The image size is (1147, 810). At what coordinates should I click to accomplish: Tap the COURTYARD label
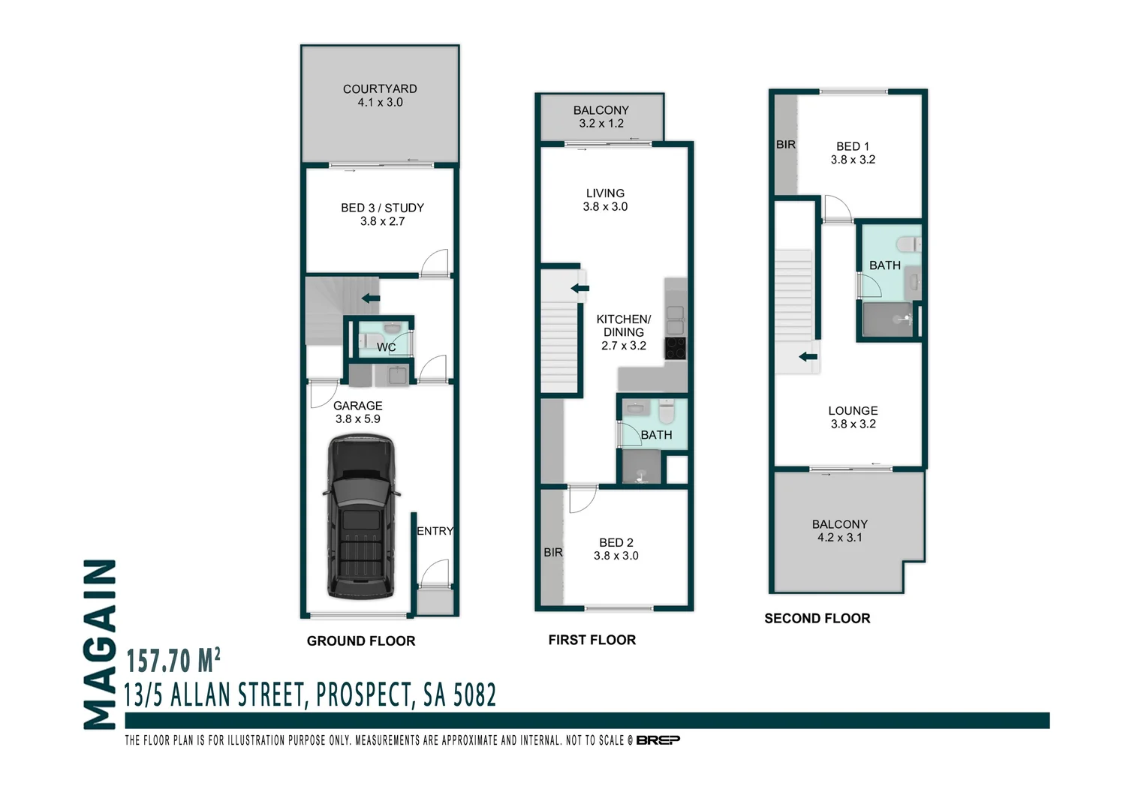(380, 89)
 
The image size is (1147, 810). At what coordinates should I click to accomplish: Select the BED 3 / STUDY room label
(382, 208)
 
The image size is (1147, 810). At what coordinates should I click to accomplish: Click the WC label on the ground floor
(386, 347)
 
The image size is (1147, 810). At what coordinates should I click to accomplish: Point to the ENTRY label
(435, 531)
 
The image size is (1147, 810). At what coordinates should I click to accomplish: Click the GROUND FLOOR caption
(361, 641)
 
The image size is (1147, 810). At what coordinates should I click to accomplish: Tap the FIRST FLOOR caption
(592, 640)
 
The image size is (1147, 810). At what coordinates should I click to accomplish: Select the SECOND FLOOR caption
(817, 619)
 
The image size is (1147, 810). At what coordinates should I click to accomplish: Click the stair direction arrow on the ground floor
(370, 298)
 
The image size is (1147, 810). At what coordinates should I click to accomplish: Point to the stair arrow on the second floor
(808, 357)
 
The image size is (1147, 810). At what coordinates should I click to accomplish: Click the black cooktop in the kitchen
(675, 348)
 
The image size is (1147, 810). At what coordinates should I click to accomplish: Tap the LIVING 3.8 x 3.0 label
(605, 199)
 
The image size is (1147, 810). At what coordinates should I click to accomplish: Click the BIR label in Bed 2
(553, 553)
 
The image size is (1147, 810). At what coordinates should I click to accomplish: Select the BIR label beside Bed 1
(785, 145)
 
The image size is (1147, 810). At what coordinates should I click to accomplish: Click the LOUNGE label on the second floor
(853, 411)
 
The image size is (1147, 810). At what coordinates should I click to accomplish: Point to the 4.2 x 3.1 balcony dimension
(839, 538)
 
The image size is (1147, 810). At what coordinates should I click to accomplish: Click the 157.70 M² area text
(173, 661)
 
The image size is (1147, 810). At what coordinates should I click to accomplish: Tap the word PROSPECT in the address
(363, 695)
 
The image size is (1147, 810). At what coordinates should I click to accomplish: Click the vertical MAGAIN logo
(101, 644)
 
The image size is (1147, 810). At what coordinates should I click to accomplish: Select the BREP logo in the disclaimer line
(658, 740)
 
